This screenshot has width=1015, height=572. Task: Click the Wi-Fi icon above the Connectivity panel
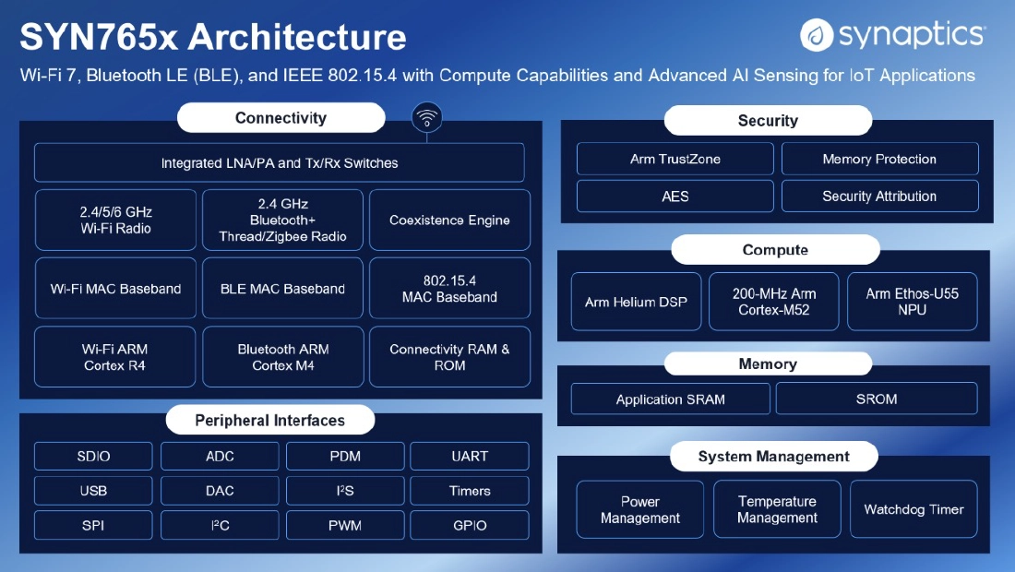point(426,118)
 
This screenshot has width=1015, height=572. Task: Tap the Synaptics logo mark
point(817,35)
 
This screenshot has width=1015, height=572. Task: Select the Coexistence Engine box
point(449,220)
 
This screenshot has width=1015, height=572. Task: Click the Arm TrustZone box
point(675,160)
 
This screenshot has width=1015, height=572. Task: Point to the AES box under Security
point(675,197)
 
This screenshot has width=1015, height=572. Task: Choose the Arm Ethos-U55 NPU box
point(912,302)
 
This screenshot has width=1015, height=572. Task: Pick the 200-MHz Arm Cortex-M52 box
point(773,302)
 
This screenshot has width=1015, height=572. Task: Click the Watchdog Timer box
point(913,509)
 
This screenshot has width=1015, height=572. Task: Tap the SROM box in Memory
point(877,399)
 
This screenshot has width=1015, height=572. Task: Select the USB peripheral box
point(93,491)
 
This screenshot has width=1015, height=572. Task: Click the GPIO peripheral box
point(470,526)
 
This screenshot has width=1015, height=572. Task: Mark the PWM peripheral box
point(345,526)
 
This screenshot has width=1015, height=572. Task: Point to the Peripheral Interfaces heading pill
point(270,420)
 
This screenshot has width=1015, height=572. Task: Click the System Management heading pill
point(773,456)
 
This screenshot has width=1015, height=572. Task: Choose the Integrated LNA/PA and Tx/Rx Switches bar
point(279,162)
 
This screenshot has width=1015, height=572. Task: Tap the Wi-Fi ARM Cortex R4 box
point(114,357)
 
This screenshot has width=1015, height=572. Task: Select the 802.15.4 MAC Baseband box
point(449,289)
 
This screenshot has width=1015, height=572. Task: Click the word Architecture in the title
point(297,36)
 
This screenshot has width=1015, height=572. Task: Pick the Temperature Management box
point(777,509)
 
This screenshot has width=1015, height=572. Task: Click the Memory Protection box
point(879,160)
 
